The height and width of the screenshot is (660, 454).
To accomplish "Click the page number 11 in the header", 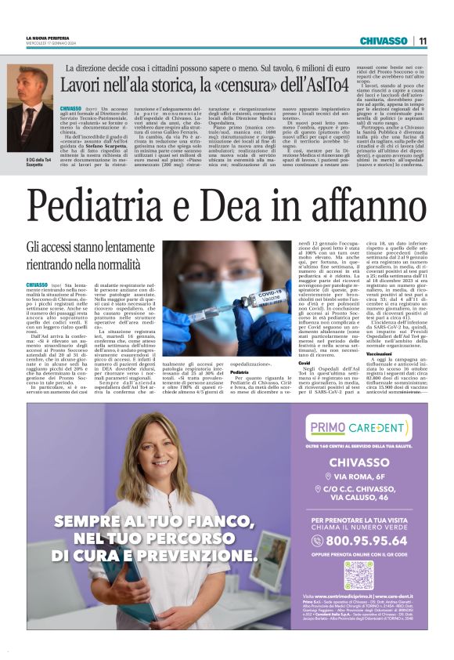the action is (x=423, y=41).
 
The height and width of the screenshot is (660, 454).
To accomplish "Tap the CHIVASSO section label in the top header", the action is (x=383, y=41).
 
